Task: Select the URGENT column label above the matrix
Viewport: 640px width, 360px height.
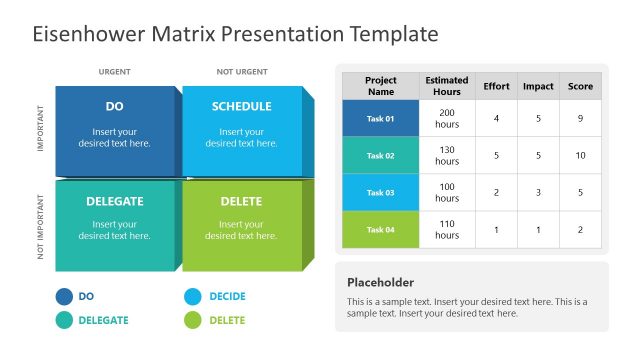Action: [x=114, y=72]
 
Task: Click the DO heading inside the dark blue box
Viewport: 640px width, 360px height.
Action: [x=114, y=106]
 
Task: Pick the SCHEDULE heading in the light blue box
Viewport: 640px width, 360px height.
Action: [x=241, y=106]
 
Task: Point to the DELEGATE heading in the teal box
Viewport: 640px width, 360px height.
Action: [x=114, y=201]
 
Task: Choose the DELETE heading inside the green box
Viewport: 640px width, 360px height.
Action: [x=241, y=201]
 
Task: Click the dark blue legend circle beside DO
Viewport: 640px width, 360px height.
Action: [x=64, y=296]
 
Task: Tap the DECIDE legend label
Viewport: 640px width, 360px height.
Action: [x=227, y=296]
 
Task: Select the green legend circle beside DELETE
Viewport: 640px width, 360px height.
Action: [x=193, y=320]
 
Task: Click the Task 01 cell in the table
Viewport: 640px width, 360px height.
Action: [x=380, y=119]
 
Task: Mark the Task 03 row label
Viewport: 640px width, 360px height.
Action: [x=380, y=192]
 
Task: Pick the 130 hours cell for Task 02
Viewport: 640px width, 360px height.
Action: [x=447, y=155]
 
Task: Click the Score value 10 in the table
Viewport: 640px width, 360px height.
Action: [x=580, y=155]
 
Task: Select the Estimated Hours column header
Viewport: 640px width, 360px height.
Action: [x=447, y=86]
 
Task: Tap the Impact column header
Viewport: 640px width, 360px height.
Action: [x=538, y=86]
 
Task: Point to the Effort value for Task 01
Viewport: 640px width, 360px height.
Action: [x=496, y=119]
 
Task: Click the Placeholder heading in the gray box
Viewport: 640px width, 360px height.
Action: [x=380, y=282]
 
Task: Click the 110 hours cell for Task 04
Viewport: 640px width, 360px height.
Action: [x=447, y=229]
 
